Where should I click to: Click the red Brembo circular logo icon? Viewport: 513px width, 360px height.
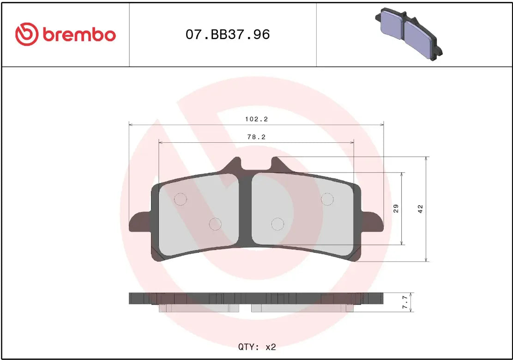coord(27,35)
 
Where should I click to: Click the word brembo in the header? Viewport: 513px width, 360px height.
coord(79,35)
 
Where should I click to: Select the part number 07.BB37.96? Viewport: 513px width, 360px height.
coord(228,35)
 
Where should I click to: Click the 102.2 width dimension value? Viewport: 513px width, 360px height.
coord(256,119)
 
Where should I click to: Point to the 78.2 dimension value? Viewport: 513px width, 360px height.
coord(256,137)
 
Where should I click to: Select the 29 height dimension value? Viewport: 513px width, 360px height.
coord(396,208)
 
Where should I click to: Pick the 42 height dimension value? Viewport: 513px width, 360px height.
coord(420,209)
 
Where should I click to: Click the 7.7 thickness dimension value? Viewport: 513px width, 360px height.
coord(405,302)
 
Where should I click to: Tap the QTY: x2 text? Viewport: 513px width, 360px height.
coord(257,346)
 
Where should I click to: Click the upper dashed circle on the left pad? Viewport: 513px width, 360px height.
coord(180,199)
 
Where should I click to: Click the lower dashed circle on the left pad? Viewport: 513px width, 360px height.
coord(215,224)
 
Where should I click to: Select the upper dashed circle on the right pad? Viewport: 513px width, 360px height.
coord(327,199)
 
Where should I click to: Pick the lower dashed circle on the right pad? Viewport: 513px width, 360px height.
coord(277,224)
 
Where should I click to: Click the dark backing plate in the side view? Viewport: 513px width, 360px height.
coord(256,298)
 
